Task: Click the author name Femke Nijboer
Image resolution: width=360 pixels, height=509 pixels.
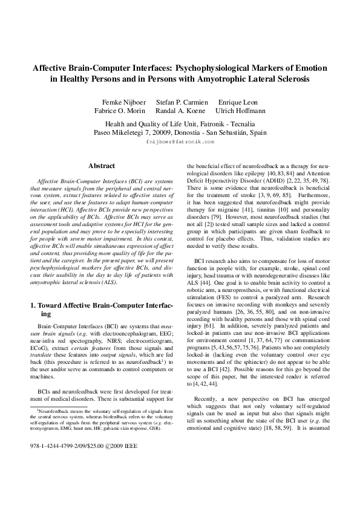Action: click(x=125, y=102)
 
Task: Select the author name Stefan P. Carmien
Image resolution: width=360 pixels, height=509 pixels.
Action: click(x=182, y=102)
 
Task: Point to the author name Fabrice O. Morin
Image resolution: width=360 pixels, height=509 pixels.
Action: click(x=120, y=111)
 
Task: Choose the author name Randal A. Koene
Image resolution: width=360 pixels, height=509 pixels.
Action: click(x=181, y=111)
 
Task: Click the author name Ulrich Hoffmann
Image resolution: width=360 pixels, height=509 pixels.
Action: click(x=241, y=111)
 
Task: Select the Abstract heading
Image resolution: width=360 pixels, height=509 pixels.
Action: click(x=102, y=166)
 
